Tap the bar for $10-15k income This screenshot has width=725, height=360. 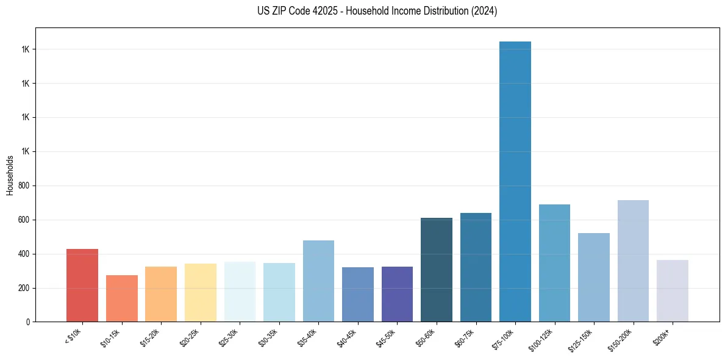pos(121,298)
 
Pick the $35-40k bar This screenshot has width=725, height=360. pos(318,281)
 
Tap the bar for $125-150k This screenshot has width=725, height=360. pos(594,277)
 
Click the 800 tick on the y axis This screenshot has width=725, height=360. pos(24,185)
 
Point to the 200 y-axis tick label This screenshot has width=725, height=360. pos(24,288)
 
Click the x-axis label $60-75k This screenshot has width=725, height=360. pos(464,337)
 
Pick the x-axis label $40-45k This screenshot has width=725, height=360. pos(346,337)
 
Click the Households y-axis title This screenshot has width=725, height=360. pos(10,175)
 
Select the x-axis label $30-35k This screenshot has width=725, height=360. pos(267,337)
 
